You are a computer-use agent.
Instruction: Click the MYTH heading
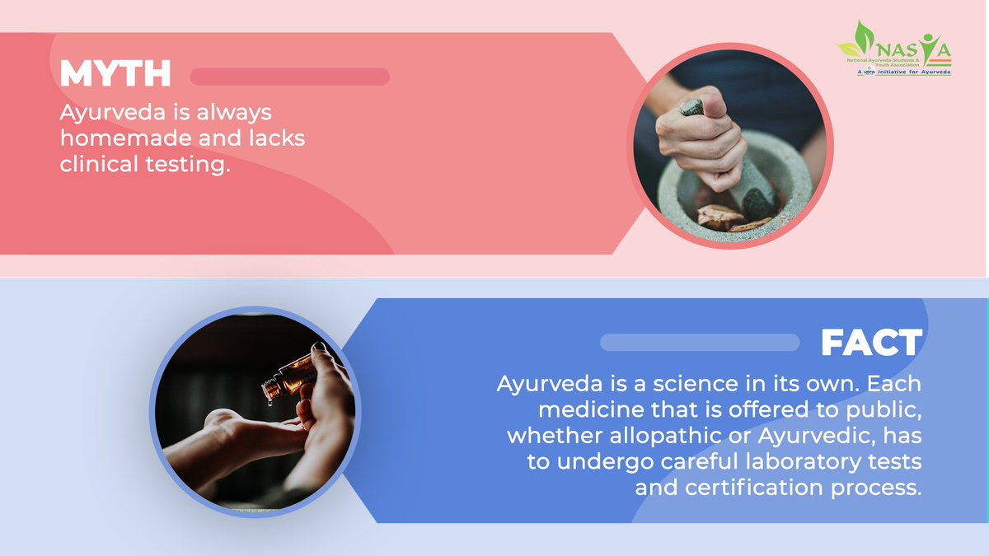click(115, 75)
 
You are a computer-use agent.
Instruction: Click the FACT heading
click(871, 343)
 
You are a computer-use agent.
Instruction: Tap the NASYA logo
click(894, 49)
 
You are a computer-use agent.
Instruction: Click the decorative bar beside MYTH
click(289, 77)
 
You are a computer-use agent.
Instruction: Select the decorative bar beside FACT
click(700, 342)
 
